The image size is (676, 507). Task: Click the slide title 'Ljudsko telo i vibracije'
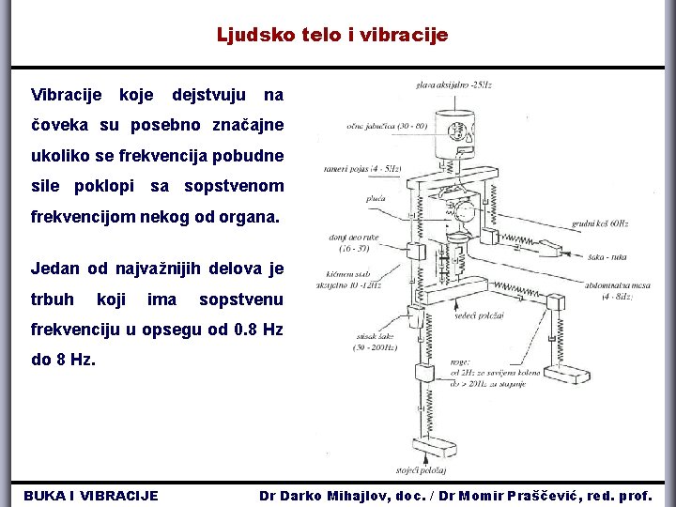(332, 36)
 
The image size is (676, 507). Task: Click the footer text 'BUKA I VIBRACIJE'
(90, 496)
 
